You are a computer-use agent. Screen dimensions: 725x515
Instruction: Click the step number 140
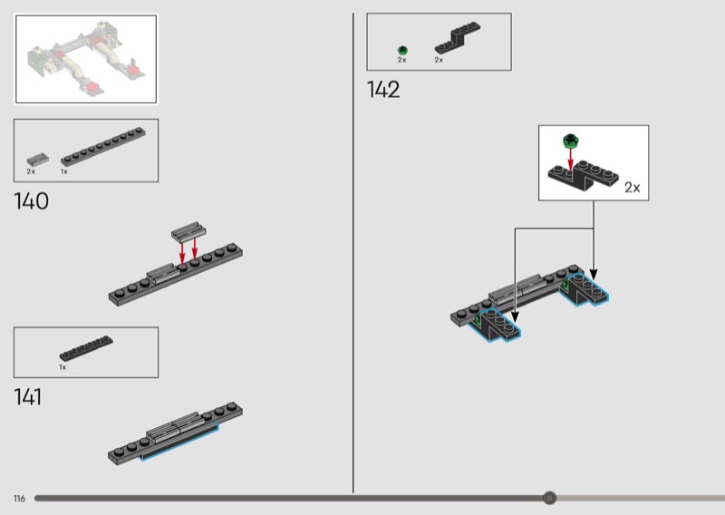pos(31,201)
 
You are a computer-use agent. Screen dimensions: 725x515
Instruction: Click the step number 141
pos(28,397)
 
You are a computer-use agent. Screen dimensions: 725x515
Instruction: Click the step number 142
pos(383,89)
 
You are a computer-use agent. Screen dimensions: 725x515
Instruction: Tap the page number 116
pos(19,499)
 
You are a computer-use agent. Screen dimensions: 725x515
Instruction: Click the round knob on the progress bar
pos(549,498)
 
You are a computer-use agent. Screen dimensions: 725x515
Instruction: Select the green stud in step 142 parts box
pos(402,50)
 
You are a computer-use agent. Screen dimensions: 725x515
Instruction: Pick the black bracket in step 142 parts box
pos(457,38)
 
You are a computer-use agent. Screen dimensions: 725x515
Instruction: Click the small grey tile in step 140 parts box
pos(37,160)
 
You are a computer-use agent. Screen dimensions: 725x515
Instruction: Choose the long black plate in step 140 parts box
pos(103,147)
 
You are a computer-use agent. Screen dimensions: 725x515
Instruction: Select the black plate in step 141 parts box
pos(86,348)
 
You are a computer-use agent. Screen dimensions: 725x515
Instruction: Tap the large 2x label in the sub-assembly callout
pos(632,188)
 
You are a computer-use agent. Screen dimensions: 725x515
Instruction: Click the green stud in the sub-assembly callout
pos(570,140)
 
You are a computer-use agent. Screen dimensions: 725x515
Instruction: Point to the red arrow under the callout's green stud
pos(571,159)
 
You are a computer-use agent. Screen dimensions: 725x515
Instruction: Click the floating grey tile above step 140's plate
pos(188,231)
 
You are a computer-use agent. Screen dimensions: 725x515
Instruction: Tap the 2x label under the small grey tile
pos(31,171)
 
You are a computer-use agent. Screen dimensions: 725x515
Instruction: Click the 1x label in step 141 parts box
pos(63,367)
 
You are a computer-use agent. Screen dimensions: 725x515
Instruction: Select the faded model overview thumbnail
pos(85,59)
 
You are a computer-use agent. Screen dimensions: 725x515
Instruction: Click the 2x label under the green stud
pos(401,60)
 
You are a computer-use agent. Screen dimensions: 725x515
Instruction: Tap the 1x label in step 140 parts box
pos(63,171)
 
